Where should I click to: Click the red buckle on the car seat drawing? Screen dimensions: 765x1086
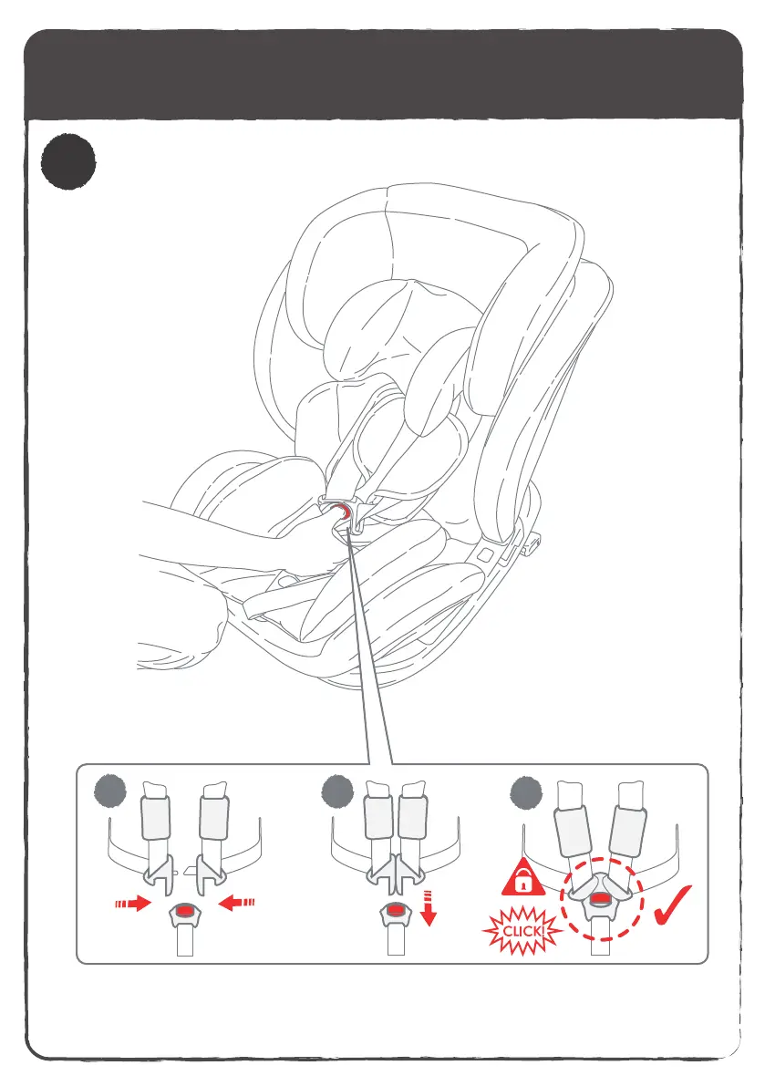coord(340,511)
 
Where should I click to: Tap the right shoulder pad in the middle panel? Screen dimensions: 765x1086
coord(414,818)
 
